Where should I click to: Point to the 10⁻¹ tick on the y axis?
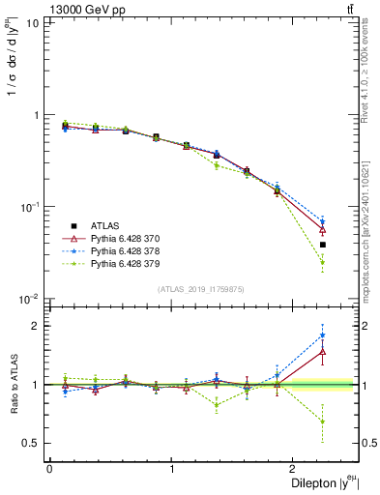29,207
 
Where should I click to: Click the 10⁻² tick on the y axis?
29,299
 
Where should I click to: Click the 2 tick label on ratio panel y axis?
36,326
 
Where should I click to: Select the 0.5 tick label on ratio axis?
30,443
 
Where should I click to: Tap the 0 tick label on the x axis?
49,468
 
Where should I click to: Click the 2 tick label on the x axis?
296,468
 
